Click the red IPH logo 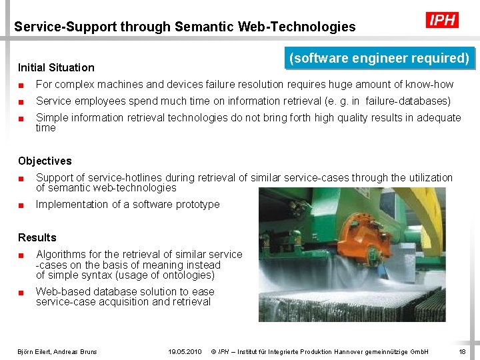pyautogui.click(x=442, y=20)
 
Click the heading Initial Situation pyautogui.click(x=56, y=67)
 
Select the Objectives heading pyautogui.click(x=45, y=161)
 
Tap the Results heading pyautogui.click(x=37, y=237)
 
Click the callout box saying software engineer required pyautogui.click(x=379, y=58)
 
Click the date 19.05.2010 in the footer pyautogui.click(x=185, y=351)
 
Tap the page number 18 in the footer pyautogui.click(x=462, y=351)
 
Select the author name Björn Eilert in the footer pyautogui.click(x=33, y=351)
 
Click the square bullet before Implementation pyautogui.click(x=22, y=205)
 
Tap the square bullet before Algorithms pyautogui.click(x=22, y=255)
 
